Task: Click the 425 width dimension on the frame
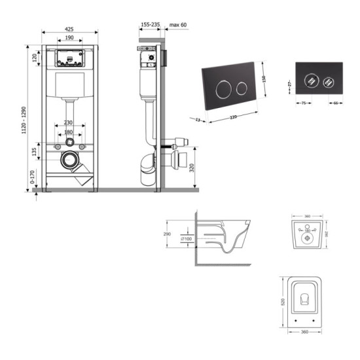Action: coord(69,29)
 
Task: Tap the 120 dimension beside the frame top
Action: coord(33,57)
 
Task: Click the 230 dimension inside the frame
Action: coord(69,123)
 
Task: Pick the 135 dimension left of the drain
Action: coord(33,153)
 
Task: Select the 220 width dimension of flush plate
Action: coord(233,117)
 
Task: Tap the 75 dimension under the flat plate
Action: coord(304,102)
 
